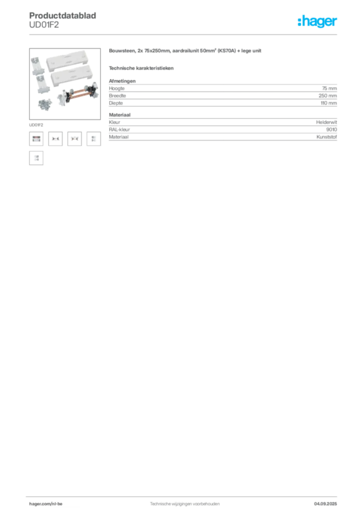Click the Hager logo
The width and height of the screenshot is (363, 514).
pos(317,21)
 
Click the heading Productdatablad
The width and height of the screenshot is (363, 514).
pos(63,16)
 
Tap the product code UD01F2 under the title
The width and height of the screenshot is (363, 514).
pos(44,25)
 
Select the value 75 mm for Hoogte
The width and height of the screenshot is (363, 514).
pos(329,88)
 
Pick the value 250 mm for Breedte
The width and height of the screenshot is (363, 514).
pos(327,96)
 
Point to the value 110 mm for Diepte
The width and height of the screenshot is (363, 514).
pos(328,103)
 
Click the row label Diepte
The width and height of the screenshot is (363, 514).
pos(116,103)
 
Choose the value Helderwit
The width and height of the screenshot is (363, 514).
pos(326,122)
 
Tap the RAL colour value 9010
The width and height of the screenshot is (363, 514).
pos(331,130)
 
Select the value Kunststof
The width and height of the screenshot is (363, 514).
pos(327,137)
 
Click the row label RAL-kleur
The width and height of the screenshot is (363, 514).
pos(119,130)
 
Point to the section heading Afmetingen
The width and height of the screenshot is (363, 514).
pos(122,81)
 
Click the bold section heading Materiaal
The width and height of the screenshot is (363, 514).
pos(120,115)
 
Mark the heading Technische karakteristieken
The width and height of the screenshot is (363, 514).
pos(141,68)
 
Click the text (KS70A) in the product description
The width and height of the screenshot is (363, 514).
pos(227,51)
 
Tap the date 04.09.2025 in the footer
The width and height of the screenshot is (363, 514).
pos(325,504)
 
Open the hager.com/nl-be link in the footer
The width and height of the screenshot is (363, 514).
pos(46,504)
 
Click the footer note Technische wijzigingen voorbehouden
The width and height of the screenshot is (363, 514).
pos(185,504)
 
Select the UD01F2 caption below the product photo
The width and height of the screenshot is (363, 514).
pos(36,125)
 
